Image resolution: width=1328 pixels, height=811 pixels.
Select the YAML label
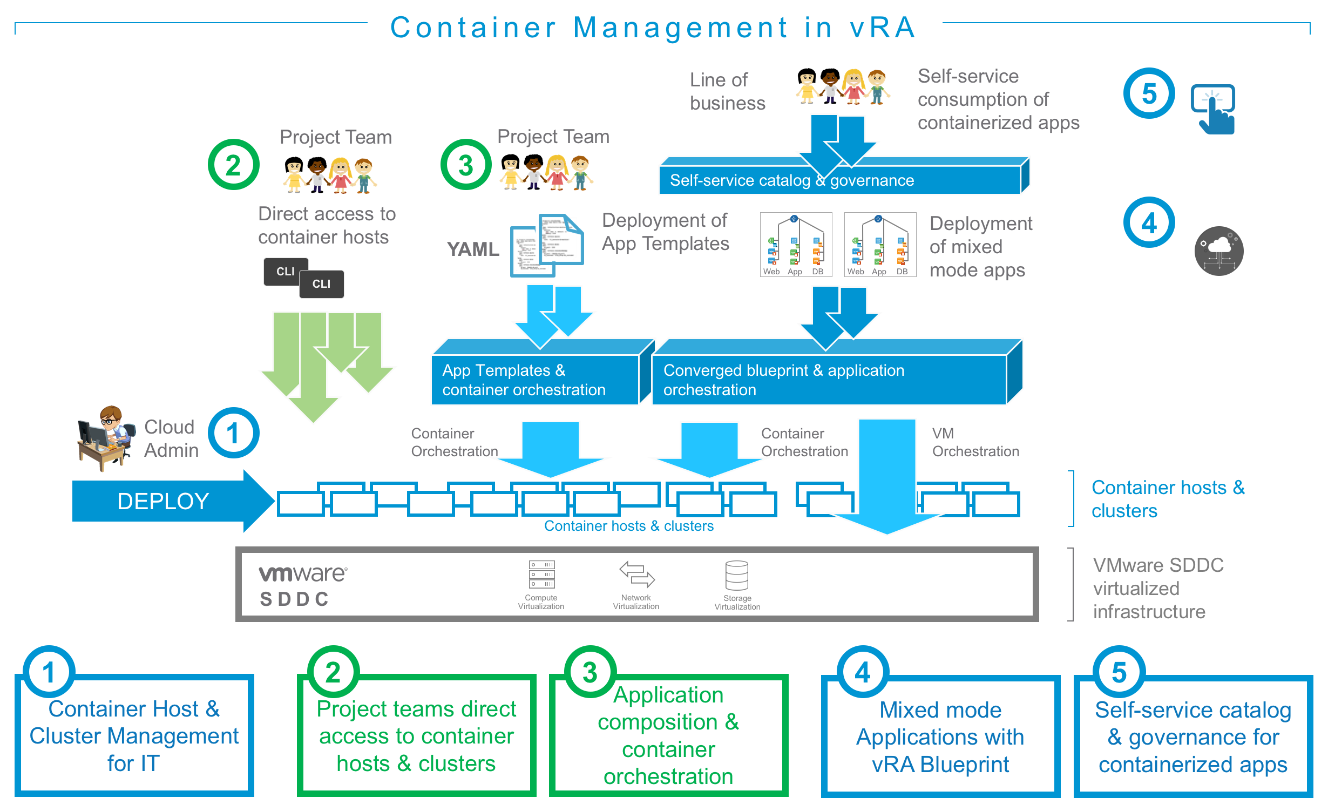pyautogui.click(x=473, y=249)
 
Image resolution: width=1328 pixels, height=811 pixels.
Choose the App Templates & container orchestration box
pyautogui.click(x=535, y=380)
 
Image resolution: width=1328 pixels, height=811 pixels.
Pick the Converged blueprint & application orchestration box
pyautogui.click(x=829, y=380)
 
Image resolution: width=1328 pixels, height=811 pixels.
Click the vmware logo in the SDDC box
pyautogui.click(x=303, y=574)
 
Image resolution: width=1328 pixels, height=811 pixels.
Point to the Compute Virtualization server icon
pyautogui.click(x=541, y=575)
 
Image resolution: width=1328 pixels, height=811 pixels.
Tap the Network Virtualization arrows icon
pyautogui.click(x=636, y=575)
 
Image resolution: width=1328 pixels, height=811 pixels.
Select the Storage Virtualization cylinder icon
pyautogui.click(x=737, y=576)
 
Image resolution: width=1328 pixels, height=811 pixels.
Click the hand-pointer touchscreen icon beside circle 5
pyautogui.click(x=1214, y=109)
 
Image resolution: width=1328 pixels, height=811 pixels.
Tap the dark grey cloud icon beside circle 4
pyautogui.click(x=1219, y=251)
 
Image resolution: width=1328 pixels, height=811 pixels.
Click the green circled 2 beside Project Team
pyautogui.click(x=234, y=165)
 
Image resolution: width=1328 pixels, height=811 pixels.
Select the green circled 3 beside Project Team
pyautogui.click(x=466, y=165)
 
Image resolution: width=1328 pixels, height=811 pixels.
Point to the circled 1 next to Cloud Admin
pyautogui.click(x=234, y=433)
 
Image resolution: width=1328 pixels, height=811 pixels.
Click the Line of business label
pyautogui.click(x=727, y=91)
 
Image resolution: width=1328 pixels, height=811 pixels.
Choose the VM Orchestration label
pyautogui.click(x=975, y=442)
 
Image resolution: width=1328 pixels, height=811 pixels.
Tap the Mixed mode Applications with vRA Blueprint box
pyautogui.click(x=940, y=736)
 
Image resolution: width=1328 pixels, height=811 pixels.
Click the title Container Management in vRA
pyautogui.click(x=653, y=28)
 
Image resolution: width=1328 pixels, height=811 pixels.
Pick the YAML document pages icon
pyautogui.click(x=547, y=245)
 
